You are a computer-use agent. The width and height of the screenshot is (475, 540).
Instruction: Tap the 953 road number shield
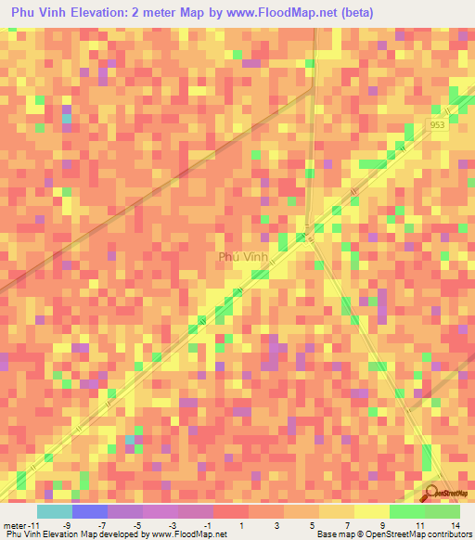click(x=438, y=124)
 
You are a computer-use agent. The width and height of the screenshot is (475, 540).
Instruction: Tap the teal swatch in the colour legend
click(x=54, y=511)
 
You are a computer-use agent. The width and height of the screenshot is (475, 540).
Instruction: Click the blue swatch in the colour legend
click(x=89, y=511)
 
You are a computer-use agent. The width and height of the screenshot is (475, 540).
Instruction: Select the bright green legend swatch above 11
click(x=406, y=511)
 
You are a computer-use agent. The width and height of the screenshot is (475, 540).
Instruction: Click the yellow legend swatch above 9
click(x=371, y=511)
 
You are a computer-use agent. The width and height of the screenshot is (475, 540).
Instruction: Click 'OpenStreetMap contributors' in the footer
click(x=422, y=534)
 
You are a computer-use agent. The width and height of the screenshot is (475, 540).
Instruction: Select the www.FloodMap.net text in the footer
click(x=188, y=534)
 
